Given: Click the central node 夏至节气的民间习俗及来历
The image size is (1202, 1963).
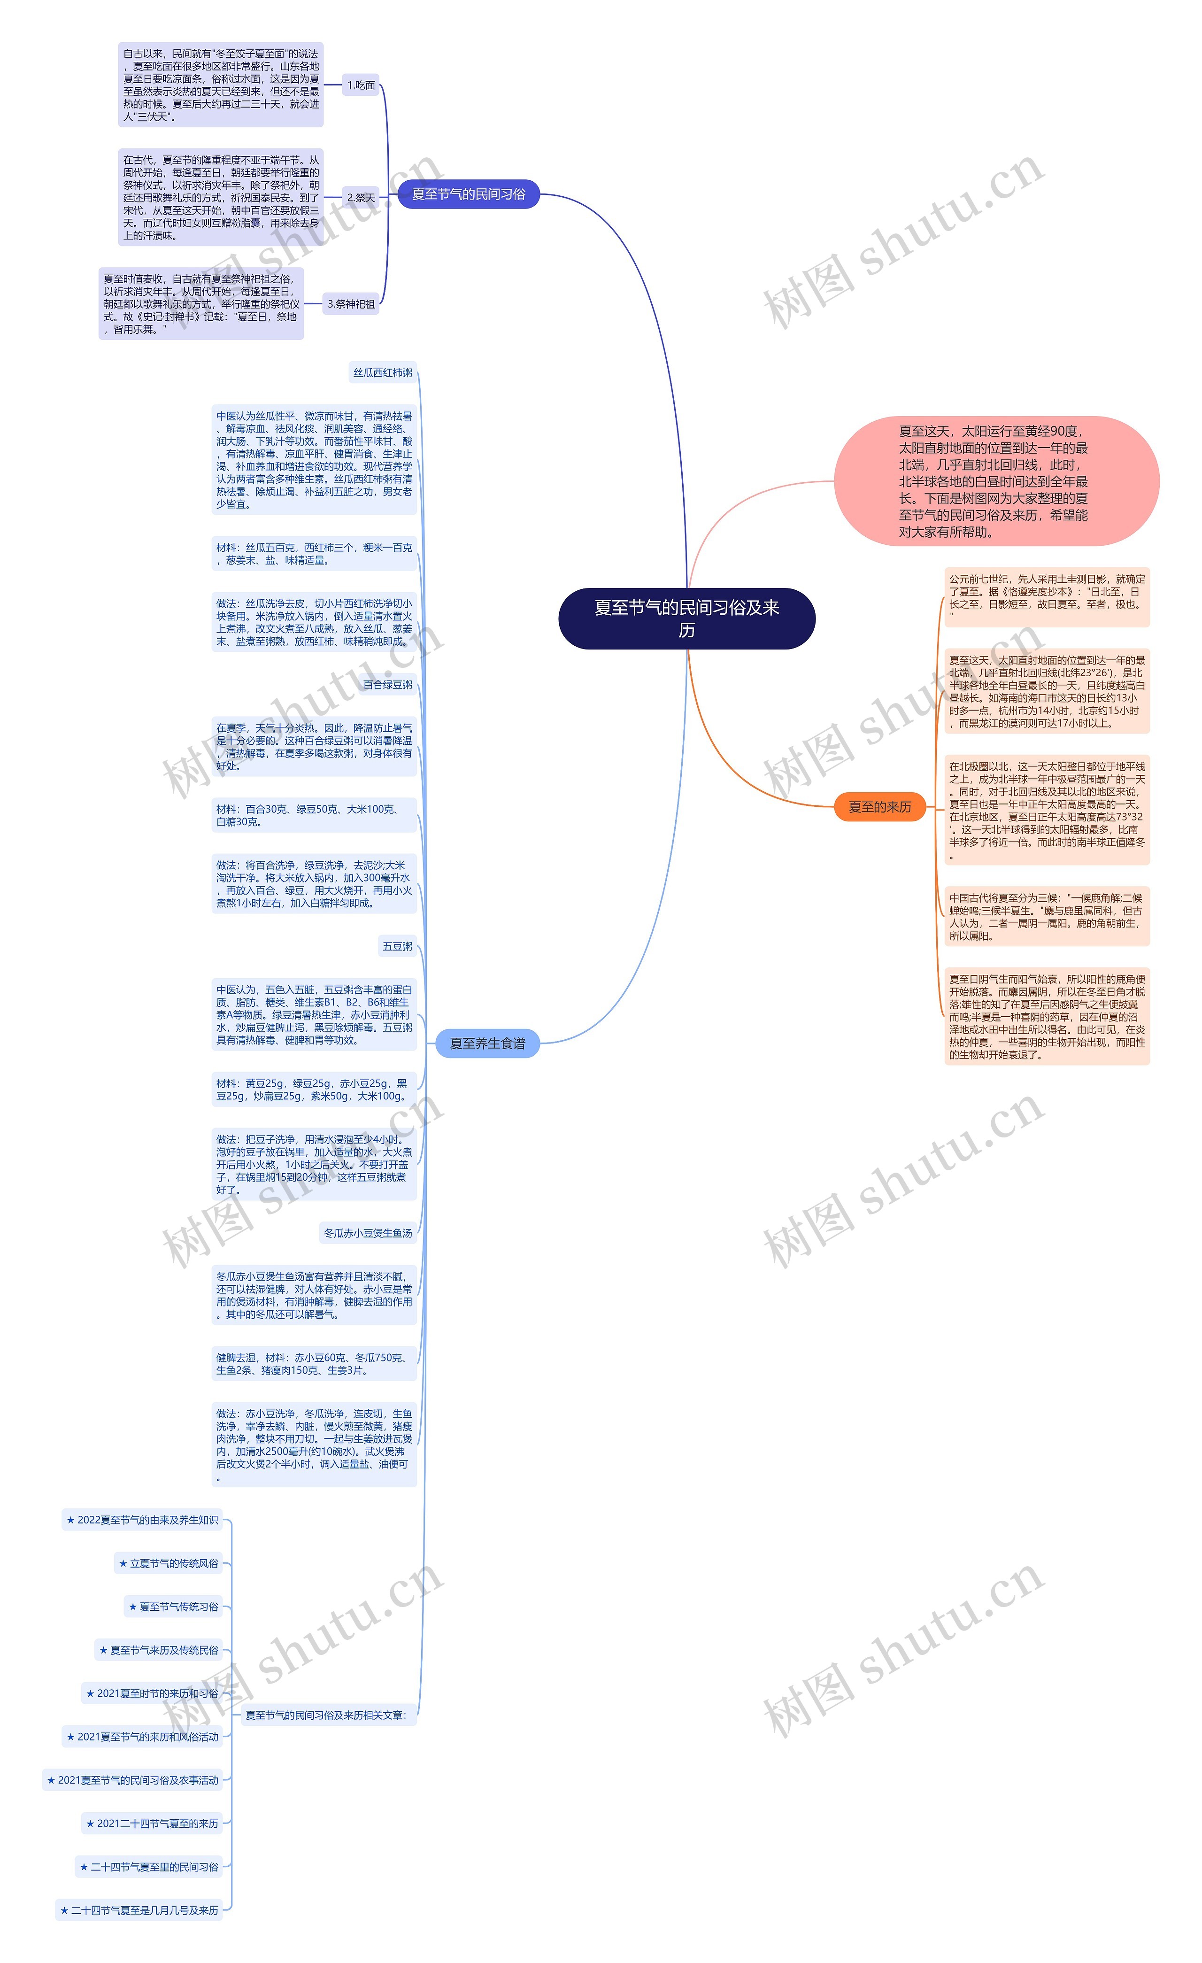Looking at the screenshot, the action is coord(686,618).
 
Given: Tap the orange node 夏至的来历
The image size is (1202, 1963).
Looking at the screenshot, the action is coord(879,806).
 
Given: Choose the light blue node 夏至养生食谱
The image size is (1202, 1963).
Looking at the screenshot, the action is coord(487,1043).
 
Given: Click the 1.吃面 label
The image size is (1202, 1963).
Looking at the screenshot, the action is coord(361,85).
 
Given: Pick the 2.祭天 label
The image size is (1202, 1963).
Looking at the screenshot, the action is coord(361,198).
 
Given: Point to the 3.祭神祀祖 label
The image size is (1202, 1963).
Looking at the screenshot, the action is coord(351,303).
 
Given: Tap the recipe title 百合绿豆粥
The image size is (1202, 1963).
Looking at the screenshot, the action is coord(388,684).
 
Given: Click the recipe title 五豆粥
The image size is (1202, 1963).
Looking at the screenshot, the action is coord(398,946).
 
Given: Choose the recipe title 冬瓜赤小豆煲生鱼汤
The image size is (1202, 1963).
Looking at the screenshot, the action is coord(368,1233).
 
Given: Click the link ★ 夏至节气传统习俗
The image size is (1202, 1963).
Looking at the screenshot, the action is coord(174,1607).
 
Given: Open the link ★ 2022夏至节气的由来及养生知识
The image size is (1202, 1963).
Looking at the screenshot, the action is coord(143,1520).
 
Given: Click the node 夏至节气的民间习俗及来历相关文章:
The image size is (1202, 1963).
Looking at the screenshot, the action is coord(326,1715).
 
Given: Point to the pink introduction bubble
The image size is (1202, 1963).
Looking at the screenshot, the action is coord(996,481).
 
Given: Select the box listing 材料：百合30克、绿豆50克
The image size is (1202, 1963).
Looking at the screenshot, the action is coord(314,815).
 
